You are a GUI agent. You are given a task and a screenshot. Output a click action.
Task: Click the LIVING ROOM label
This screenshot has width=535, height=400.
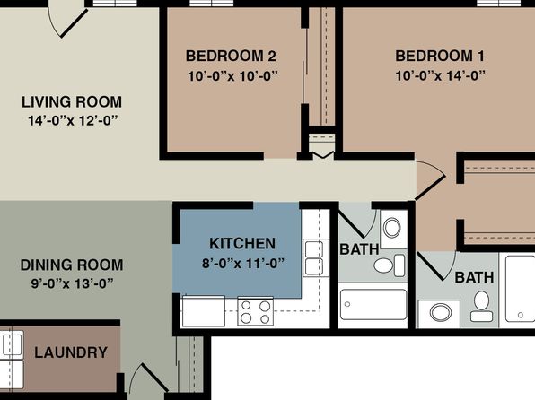coord(72,102)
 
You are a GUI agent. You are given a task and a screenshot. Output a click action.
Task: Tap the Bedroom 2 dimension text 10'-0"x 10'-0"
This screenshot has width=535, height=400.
coord(233,76)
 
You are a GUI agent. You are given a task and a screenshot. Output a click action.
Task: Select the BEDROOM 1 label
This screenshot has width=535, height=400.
coord(440,56)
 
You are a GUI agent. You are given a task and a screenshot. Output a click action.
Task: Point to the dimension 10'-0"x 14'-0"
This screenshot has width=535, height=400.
coord(440,75)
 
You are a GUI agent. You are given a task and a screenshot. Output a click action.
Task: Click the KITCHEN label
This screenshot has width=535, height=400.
coord(242,243)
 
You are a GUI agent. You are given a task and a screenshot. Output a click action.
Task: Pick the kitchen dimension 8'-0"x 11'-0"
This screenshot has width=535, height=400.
coord(243,264)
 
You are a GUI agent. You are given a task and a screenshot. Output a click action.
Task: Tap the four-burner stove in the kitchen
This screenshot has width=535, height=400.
coord(256,311)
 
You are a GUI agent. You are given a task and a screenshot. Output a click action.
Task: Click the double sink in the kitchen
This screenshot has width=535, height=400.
coord(314,257)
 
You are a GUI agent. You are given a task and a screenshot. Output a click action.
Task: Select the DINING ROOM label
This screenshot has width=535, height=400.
coord(72,265)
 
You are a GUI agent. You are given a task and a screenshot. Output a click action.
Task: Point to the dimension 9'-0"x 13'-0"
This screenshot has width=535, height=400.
coord(72,283)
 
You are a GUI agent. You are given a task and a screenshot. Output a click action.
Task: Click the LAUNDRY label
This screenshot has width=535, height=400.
coord(71,352)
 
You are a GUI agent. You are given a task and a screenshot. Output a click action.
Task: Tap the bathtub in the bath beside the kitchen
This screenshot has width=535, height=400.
coord(373,305)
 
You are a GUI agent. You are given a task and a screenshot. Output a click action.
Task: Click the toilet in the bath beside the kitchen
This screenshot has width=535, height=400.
coord(390,265)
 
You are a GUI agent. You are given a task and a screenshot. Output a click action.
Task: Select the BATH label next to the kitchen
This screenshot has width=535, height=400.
coord(359,249)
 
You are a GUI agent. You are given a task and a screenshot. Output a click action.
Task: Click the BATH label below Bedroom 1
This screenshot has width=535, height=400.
coord(474,278)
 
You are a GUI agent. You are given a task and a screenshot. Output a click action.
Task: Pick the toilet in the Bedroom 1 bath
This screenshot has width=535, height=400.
coord(481,306)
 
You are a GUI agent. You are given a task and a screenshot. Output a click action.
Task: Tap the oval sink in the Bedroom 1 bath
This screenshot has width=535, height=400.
coord(441,312)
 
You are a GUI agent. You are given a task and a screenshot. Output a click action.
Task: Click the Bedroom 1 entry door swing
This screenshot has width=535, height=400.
coord(431,179)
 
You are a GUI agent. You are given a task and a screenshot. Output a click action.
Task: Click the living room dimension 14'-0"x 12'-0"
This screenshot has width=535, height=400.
coord(73,121)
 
